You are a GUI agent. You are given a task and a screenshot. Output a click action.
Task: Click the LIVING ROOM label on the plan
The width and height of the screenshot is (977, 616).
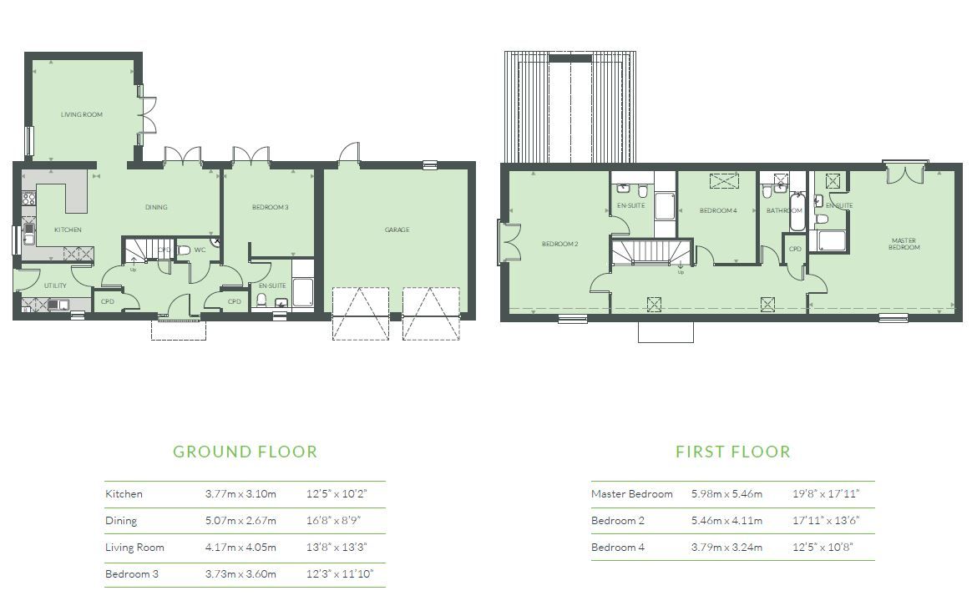tap(82, 114)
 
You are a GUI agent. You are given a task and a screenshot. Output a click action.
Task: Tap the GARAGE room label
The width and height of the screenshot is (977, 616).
tap(397, 230)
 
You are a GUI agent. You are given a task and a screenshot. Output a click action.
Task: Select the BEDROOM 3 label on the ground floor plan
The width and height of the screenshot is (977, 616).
tap(271, 207)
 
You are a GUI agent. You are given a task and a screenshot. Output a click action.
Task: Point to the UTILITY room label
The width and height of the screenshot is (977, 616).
tap(55, 286)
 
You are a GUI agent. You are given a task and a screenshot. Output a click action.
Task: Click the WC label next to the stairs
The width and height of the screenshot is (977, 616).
tap(200, 250)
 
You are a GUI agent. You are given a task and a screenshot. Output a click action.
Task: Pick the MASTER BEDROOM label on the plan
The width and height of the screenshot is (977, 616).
tap(904, 244)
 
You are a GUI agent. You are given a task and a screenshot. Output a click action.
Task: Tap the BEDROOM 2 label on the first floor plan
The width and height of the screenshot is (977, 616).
tap(560, 245)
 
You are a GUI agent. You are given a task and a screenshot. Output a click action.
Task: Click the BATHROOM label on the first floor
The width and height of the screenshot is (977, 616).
tap(784, 211)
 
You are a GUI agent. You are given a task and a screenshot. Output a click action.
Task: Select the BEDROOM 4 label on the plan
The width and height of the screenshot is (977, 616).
tap(718, 211)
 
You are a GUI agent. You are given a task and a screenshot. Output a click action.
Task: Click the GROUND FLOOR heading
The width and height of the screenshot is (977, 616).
tap(245, 452)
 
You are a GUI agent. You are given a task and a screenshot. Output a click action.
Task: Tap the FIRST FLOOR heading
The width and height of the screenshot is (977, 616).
tap(733, 452)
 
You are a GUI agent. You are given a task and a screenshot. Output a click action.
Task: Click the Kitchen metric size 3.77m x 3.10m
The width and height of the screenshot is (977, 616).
tap(240, 494)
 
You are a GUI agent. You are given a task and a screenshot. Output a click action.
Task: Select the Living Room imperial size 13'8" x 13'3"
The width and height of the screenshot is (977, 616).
tap(337, 548)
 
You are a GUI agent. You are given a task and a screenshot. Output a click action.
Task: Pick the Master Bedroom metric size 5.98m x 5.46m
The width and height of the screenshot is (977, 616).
tap(726, 494)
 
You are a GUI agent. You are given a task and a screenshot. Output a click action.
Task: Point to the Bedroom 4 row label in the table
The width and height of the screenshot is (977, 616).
tap(618, 548)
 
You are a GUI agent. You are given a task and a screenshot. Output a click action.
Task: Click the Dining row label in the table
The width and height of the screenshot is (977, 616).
tap(121, 521)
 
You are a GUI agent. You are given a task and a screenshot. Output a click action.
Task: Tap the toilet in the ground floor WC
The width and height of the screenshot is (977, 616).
tap(183, 250)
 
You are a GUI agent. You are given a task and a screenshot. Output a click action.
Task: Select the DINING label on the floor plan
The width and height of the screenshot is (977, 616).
tap(156, 207)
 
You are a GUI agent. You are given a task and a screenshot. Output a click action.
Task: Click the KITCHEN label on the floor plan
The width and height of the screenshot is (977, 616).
tap(68, 230)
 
